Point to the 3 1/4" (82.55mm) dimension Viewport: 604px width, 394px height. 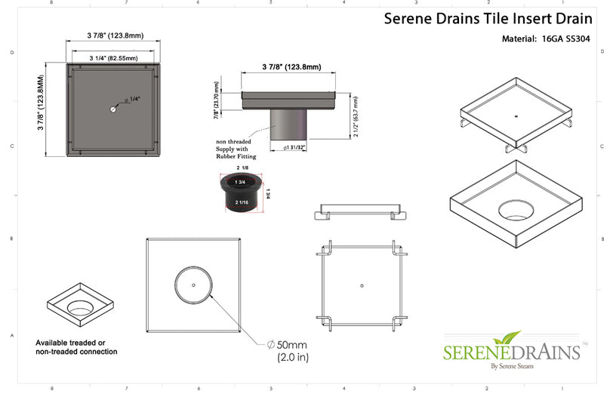click(x=112, y=57)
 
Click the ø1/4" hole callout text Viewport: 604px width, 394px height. click(x=134, y=99)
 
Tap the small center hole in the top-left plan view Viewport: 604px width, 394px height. click(x=112, y=109)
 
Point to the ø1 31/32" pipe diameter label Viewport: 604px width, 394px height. click(x=291, y=148)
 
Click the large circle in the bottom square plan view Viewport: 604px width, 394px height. click(x=194, y=285)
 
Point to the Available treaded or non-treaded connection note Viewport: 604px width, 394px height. click(x=77, y=347)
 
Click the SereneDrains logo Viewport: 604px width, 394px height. click(x=511, y=352)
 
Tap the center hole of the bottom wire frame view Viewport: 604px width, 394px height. click(x=362, y=285)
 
